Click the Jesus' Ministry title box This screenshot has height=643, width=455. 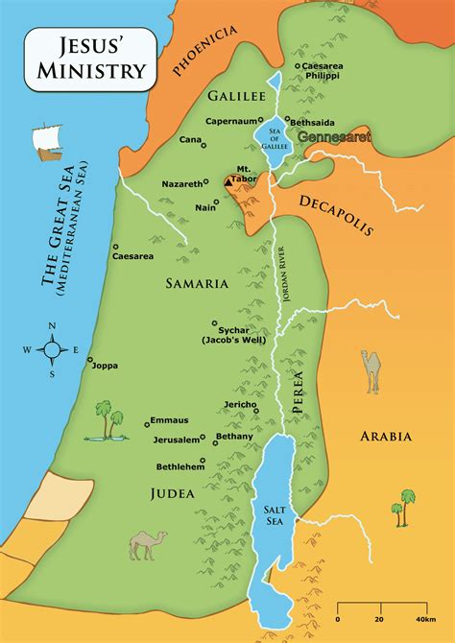pos(85,58)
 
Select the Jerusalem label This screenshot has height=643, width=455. pos(176,440)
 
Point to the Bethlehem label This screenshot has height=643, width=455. pos(180,465)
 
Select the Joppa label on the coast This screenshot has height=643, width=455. pos(103,365)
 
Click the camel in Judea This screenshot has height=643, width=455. pos(146,544)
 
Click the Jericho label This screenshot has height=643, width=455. pos(239,404)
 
